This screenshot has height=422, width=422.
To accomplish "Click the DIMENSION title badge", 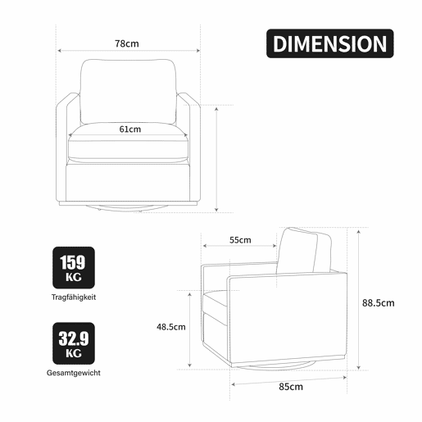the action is pyautogui.click(x=330, y=43).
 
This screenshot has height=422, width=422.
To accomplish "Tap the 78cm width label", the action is pyautogui.click(x=127, y=43).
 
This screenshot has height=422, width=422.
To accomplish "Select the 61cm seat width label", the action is pyautogui.click(x=130, y=129).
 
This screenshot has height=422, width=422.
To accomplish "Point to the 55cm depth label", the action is pyautogui.click(x=240, y=240).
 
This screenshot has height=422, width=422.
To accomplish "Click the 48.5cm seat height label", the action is pyautogui.click(x=171, y=327).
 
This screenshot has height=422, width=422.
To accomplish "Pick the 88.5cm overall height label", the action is pyautogui.click(x=379, y=303).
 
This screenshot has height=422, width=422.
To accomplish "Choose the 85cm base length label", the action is pyautogui.click(x=291, y=387).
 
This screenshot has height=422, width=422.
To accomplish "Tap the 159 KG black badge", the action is pyautogui.click(x=74, y=268).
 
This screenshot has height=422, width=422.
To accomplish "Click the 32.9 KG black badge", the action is pyautogui.click(x=74, y=343).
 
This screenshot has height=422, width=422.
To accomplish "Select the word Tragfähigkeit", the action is pyautogui.click(x=74, y=297).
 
